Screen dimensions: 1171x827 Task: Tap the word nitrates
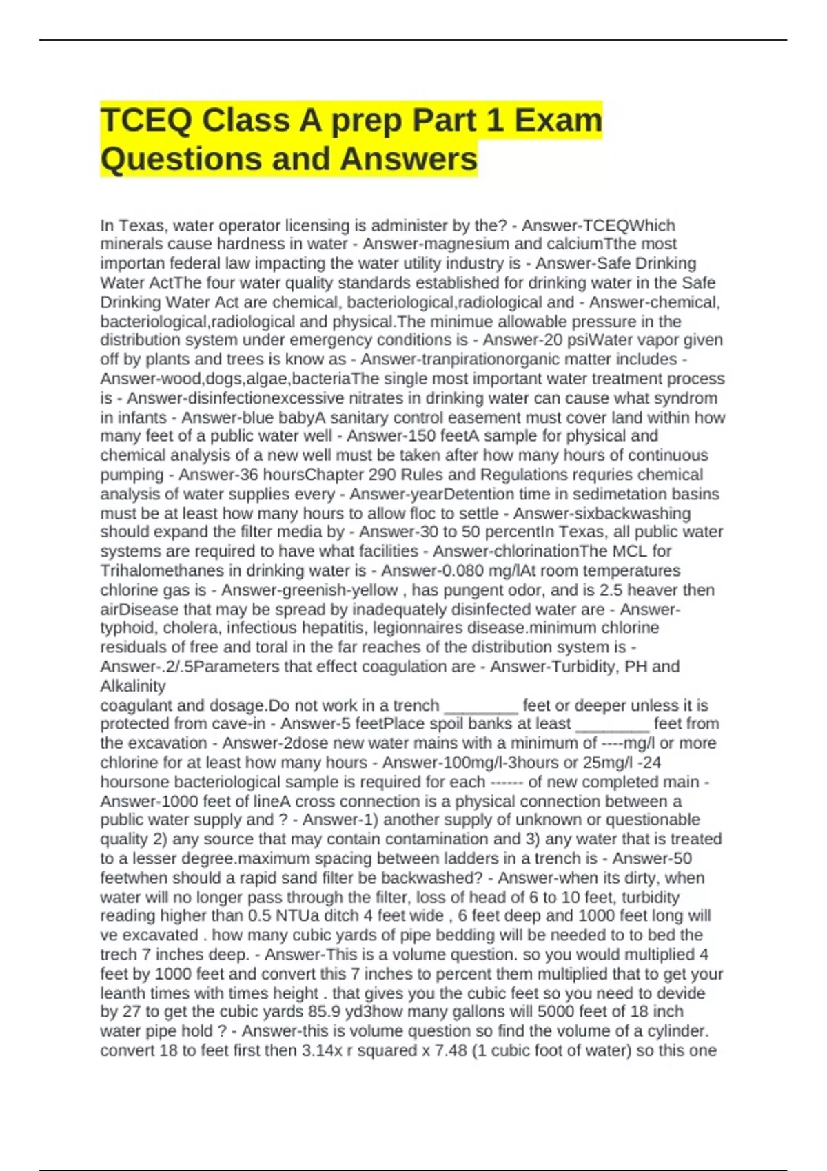[382, 398]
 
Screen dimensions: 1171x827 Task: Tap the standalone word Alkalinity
[133, 686]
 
